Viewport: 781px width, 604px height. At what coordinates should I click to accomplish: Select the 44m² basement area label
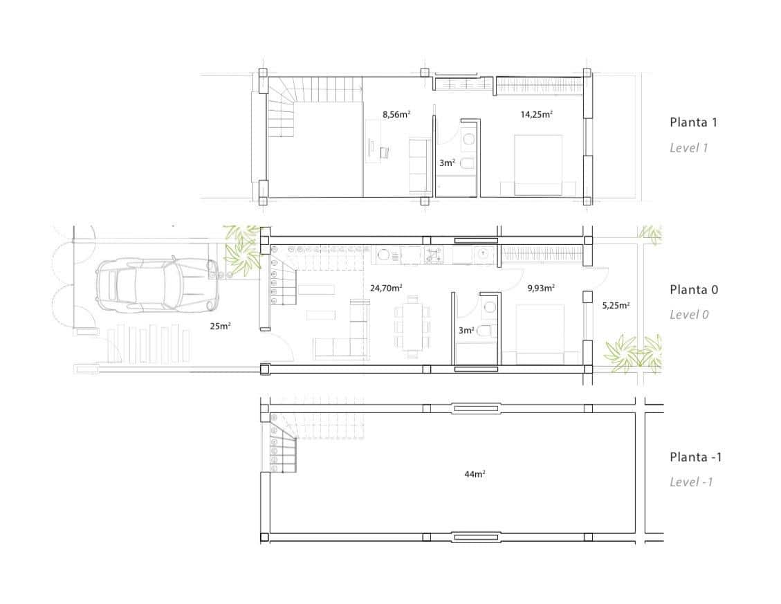(475, 474)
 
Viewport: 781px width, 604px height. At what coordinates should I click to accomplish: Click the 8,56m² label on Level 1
(396, 115)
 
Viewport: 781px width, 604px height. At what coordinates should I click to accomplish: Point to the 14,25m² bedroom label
(536, 115)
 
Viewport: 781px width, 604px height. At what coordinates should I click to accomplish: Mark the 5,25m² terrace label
(616, 304)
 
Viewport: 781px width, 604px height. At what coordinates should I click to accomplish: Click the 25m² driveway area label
(220, 326)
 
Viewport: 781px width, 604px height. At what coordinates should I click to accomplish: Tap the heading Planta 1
(693, 122)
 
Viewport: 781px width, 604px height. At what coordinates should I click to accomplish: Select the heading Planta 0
(693, 289)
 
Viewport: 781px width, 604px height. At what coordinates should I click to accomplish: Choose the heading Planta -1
(695, 457)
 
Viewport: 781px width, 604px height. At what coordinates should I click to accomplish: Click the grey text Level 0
(689, 314)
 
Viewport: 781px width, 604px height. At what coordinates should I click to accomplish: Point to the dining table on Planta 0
(412, 324)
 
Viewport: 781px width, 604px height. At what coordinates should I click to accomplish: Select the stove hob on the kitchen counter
(434, 255)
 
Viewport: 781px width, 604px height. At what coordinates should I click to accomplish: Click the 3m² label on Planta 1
(447, 163)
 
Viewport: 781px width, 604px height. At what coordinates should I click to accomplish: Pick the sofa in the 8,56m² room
(419, 165)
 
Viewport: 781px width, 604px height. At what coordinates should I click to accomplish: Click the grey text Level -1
(690, 482)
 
